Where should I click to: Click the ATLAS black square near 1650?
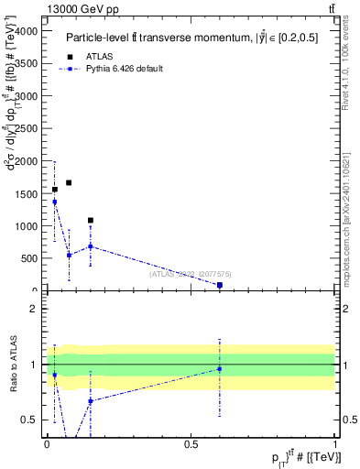69,182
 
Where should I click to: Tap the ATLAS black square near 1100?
90,221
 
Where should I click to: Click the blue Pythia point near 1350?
54,202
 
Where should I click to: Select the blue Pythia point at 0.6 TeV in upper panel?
220,285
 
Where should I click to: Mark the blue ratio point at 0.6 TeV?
220,369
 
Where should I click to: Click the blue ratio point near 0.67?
90,401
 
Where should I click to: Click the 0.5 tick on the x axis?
191,443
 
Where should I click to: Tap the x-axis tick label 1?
335,443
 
